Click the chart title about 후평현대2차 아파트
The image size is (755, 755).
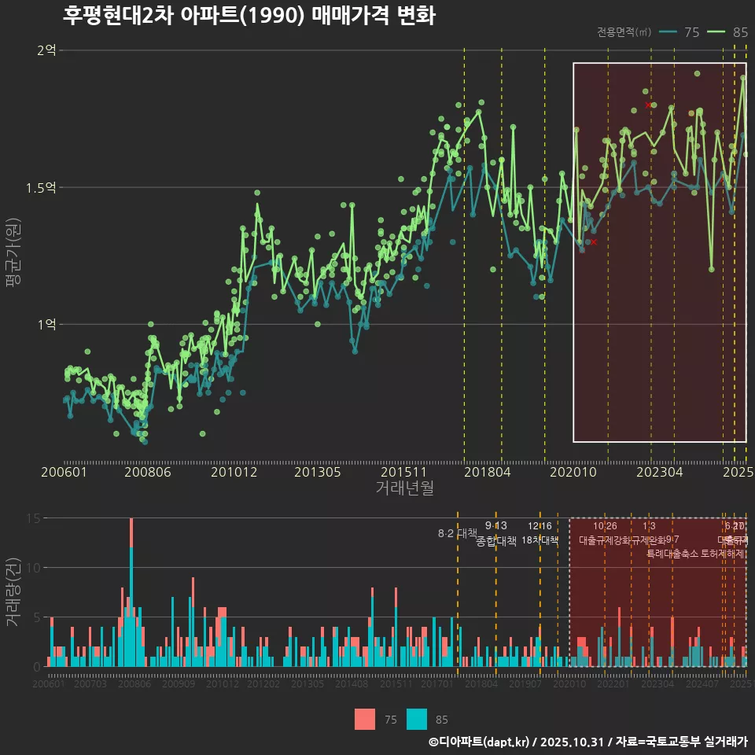click(249, 16)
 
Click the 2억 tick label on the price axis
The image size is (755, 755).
click(46, 50)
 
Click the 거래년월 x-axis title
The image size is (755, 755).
click(404, 488)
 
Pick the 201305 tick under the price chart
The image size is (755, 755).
click(318, 472)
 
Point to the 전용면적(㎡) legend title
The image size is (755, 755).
click(624, 32)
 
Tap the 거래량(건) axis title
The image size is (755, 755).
click(13, 591)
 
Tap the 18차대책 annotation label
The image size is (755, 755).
click(540, 540)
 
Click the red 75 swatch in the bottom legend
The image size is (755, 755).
click(365, 719)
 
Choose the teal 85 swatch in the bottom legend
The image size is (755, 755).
click(417, 719)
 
